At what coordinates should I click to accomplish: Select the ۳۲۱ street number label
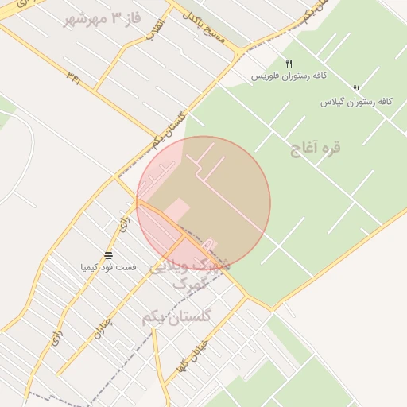pyautogui.click(x=73, y=78)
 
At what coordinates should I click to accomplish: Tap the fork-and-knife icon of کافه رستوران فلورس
pyautogui.click(x=289, y=64)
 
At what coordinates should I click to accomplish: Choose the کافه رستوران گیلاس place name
pyautogui.click(x=357, y=102)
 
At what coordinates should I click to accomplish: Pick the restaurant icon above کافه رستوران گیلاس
pyautogui.click(x=356, y=89)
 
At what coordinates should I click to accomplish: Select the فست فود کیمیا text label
pyautogui.click(x=108, y=267)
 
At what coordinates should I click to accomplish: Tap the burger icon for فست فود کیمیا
pyautogui.click(x=108, y=255)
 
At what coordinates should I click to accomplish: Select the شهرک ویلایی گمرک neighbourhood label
pyautogui.click(x=188, y=274)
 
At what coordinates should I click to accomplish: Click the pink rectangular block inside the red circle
pyautogui.click(x=176, y=211)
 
